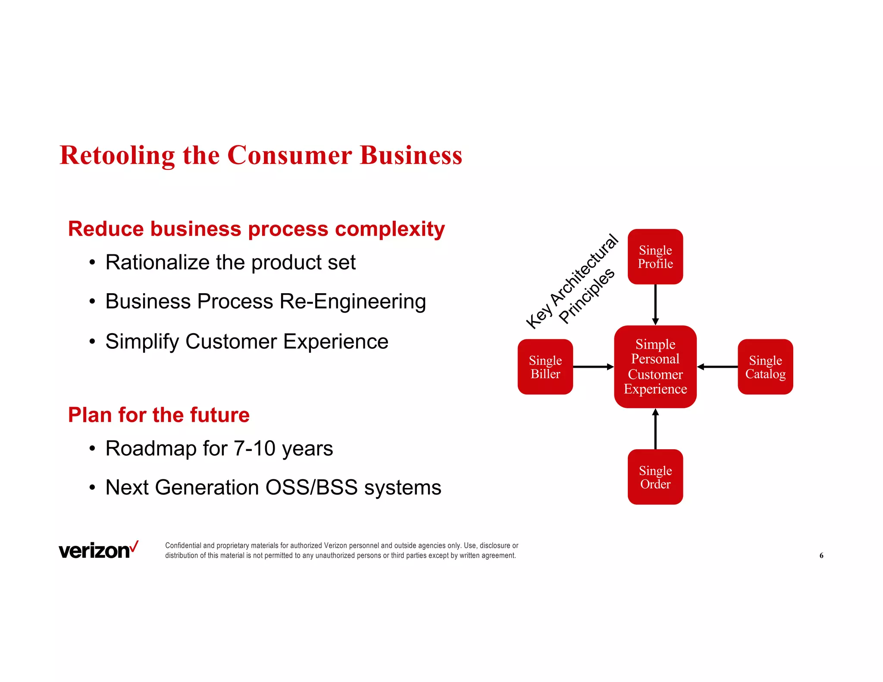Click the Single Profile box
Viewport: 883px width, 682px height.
point(655,257)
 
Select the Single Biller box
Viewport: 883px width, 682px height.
point(545,367)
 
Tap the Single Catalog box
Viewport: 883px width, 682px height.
point(765,367)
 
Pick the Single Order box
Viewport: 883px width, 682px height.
point(655,477)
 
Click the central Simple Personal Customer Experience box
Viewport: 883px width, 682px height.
point(655,367)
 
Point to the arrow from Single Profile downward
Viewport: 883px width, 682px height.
point(655,304)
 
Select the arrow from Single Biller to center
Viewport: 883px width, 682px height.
point(593,367)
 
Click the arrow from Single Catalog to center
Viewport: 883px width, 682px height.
point(717,367)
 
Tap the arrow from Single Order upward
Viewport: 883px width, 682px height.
point(655,429)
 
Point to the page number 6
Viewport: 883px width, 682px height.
point(821,555)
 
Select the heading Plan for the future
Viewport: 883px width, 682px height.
point(159,415)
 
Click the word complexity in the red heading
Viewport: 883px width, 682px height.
point(390,229)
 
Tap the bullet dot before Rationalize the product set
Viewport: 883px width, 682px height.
point(92,263)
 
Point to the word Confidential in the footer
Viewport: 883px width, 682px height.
point(183,545)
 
